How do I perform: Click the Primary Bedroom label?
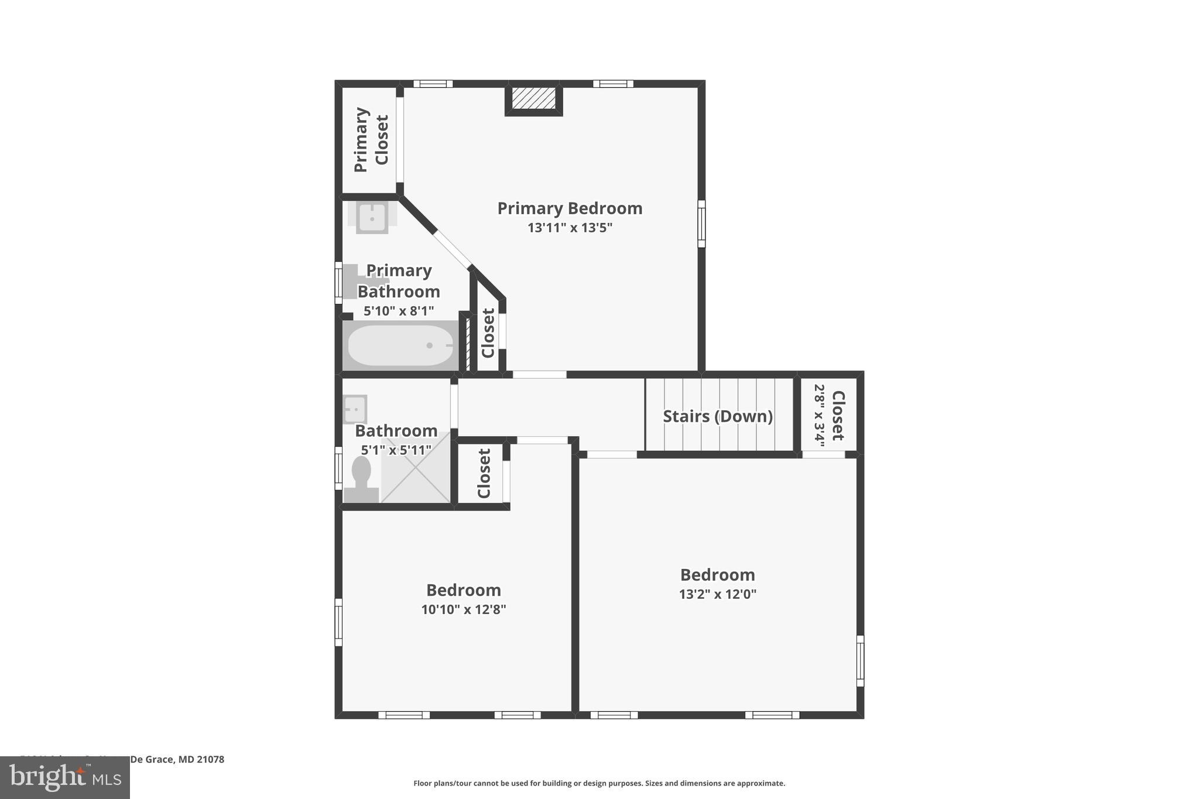[x=570, y=208]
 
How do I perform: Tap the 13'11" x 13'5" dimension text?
[x=570, y=228]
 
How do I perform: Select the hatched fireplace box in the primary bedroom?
[x=533, y=98]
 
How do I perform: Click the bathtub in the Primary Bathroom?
[x=400, y=345]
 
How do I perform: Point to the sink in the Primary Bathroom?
[x=372, y=217]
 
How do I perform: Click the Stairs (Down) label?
[x=717, y=416]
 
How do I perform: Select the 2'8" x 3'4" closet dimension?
[x=819, y=416]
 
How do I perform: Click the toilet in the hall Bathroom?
[x=361, y=476]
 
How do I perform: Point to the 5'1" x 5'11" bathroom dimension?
[x=396, y=450]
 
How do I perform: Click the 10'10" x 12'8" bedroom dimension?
[x=463, y=609]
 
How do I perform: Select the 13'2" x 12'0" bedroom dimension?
[x=717, y=594]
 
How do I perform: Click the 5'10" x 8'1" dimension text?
[x=398, y=311]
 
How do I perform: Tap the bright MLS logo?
[x=65, y=777]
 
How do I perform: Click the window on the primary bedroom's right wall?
[x=701, y=224]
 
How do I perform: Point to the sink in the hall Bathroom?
[x=355, y=409]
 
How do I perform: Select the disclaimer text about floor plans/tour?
[x=599, y=783]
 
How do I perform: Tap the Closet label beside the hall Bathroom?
[x=484, y=473]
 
